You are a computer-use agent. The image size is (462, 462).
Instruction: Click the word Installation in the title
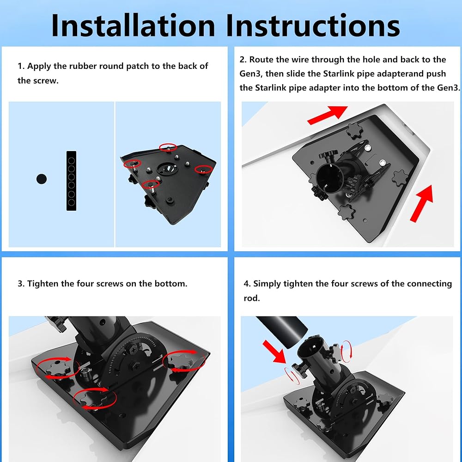click(133, 25)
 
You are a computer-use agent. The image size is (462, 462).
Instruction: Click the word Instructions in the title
click(313, 25)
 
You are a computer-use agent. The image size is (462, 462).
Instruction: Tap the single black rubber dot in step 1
click(42, 179)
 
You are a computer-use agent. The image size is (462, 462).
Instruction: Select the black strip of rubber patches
click(71, 181)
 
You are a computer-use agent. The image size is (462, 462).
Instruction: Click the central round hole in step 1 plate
click(167, 169)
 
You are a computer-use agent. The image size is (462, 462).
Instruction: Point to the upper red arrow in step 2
click(328, 115)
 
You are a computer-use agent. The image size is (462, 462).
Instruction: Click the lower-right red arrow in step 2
click(422, 203)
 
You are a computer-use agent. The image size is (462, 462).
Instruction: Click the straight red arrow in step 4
click(274, 352)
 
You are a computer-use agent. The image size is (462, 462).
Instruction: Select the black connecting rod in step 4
click(281, 331)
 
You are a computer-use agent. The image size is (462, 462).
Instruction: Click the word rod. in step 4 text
click(252, 298)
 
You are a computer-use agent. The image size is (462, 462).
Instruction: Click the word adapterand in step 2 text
click(401, 73)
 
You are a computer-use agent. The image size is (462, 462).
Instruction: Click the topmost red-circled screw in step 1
click(168, 147)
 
